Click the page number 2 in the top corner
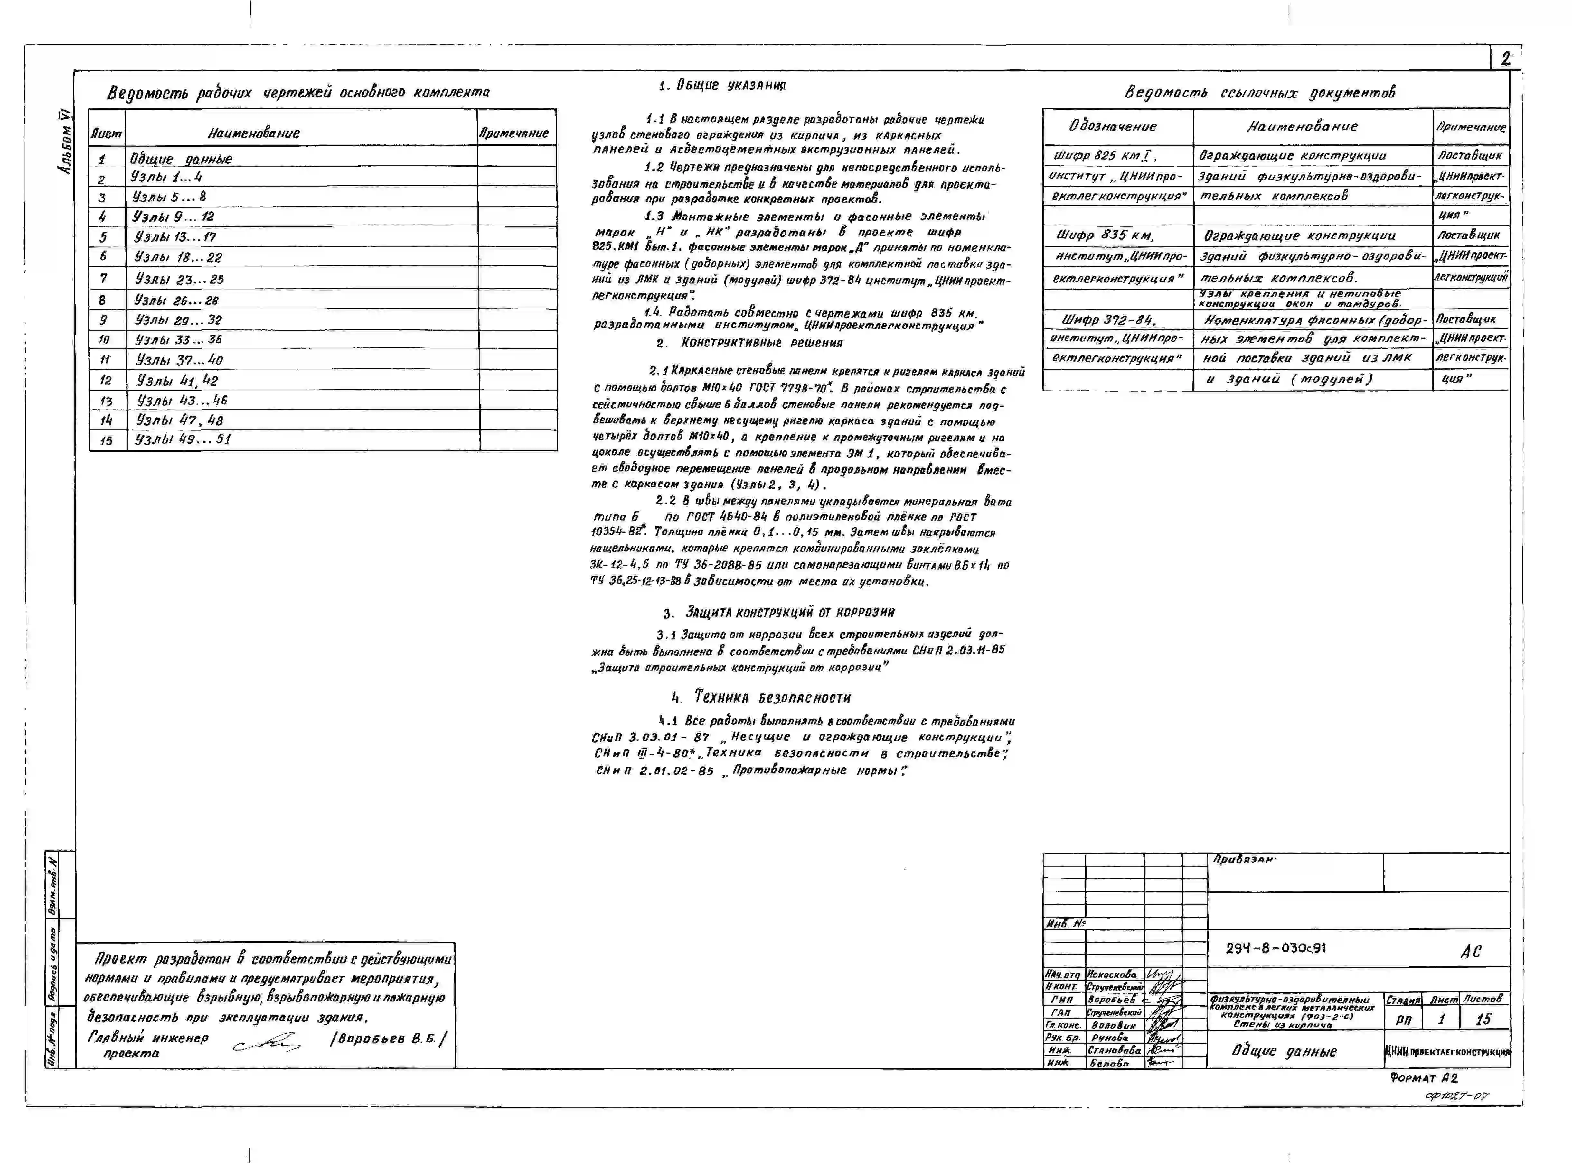(1505, 59)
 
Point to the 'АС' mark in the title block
(1471, 952)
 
